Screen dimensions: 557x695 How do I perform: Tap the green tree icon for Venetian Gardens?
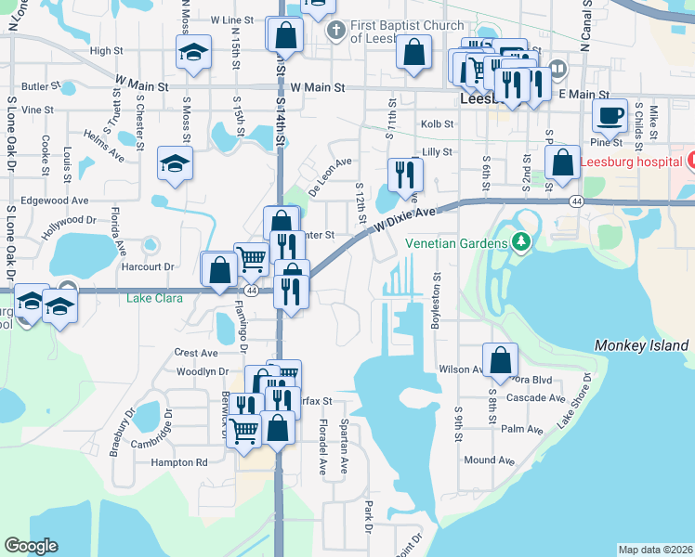click(x=520, y=243)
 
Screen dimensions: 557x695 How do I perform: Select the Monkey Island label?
click(x=641, y=345)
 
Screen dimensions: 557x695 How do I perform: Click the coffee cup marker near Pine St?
click(x=610, y=117)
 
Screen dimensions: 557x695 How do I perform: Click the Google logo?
click(x=32, y=546)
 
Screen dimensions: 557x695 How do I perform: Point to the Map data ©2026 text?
click(x=655, y=550)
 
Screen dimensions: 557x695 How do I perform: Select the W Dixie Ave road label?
click(x=405, y=219)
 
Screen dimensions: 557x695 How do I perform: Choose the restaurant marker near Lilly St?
click(x=404, y=174)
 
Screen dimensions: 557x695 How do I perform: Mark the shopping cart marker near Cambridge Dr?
click(x=243, y=430)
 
